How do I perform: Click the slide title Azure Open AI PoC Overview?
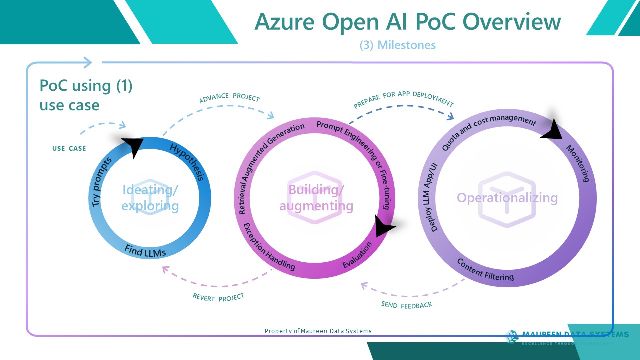pyautogui.click(x=407, y=22)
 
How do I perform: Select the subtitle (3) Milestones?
pyautogui.click(x=398, y=45)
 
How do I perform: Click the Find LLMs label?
pyautogui.click(x=145, y=251)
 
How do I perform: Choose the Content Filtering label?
pyautogui.click(x=485, y=270)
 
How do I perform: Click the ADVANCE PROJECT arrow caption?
pyautogui.click(x=229, y=97)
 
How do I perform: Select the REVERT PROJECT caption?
pyautogui.click(x=218, y=297)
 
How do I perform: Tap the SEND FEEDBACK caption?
pyautogui.click(x=406, y=305)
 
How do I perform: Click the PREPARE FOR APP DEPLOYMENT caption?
pyautogui.click(x=403, y=99)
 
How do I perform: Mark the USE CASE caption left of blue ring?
pyautogui.click(x=69, y=148)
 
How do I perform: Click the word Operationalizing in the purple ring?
pyautogui.click(x=507, y=198)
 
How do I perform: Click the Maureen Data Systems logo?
pyautogui.click(x=567, y=336)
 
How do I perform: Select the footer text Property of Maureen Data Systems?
pyautogui.click(x=318, y=331)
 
